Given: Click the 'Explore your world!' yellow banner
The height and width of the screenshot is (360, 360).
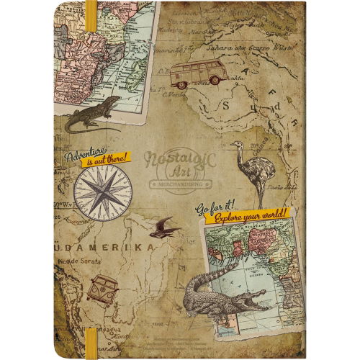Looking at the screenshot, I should click(x=246, y=214).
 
